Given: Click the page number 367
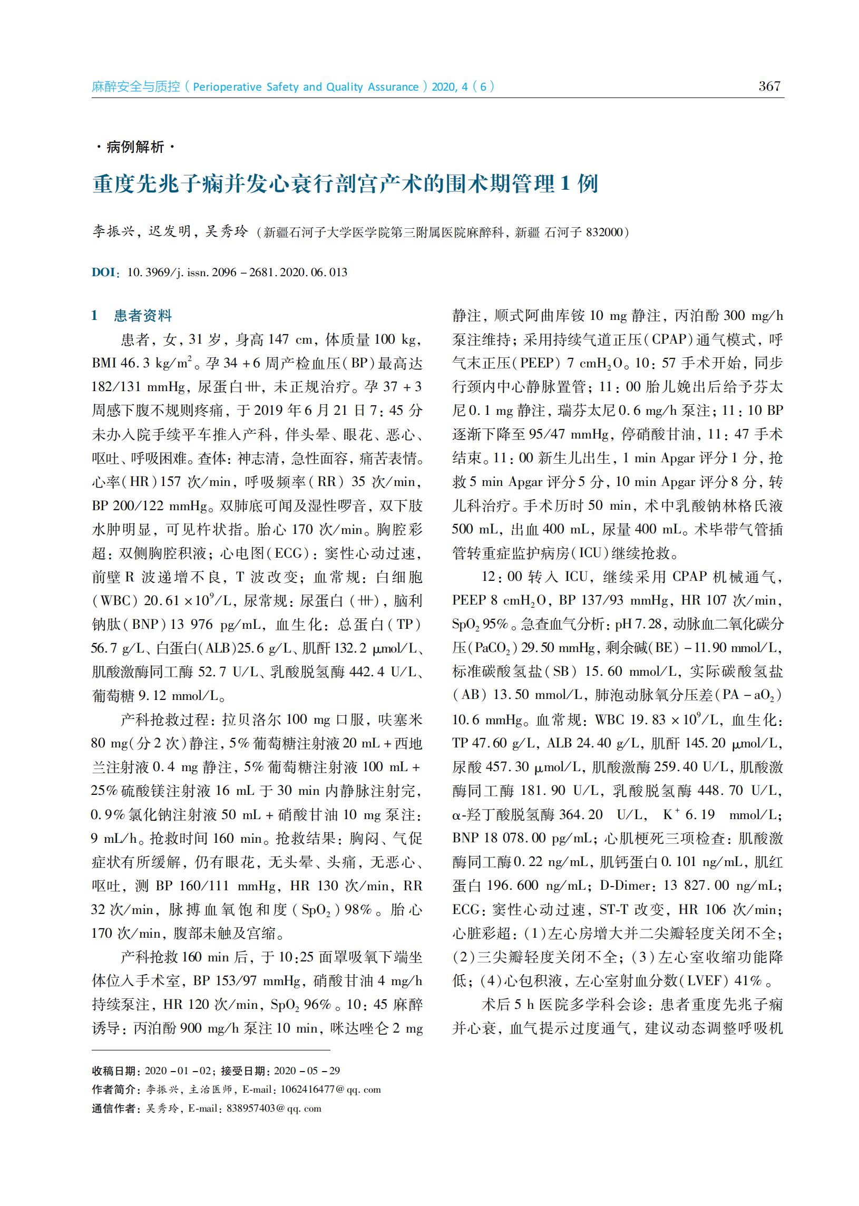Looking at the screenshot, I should tap(769, 86).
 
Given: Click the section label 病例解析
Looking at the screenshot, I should tap(135, 147).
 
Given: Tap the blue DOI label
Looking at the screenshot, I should tap(104, 273).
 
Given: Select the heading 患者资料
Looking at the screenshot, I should tap(143, 316).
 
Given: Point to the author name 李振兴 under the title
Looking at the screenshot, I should tap(113, 232).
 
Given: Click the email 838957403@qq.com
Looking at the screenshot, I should tap(274, 1108).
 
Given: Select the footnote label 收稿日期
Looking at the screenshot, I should tap(114, 1071).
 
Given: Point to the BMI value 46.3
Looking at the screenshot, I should tap(136, 363).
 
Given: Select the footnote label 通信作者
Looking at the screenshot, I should tap(114, 1108).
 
